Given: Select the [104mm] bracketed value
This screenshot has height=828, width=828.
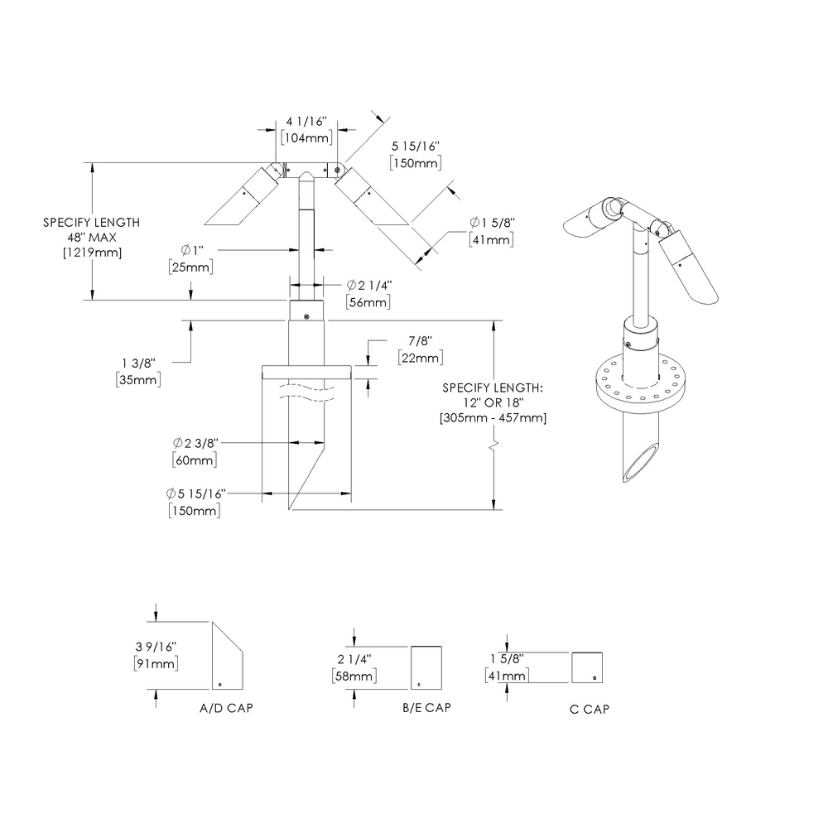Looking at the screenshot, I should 306,138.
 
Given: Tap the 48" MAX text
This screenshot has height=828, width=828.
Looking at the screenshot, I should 91,238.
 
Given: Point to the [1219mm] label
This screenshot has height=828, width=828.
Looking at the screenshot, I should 91,253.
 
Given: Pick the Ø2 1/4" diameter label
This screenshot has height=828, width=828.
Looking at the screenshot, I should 363,286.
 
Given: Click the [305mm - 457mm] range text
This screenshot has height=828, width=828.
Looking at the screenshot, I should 493,418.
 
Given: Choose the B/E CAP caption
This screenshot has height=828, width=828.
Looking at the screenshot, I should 427,708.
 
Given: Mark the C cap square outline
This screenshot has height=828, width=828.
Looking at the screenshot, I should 587,667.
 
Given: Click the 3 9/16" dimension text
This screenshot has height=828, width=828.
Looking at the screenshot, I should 156,647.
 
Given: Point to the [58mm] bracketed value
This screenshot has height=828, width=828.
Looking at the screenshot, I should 353,676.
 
